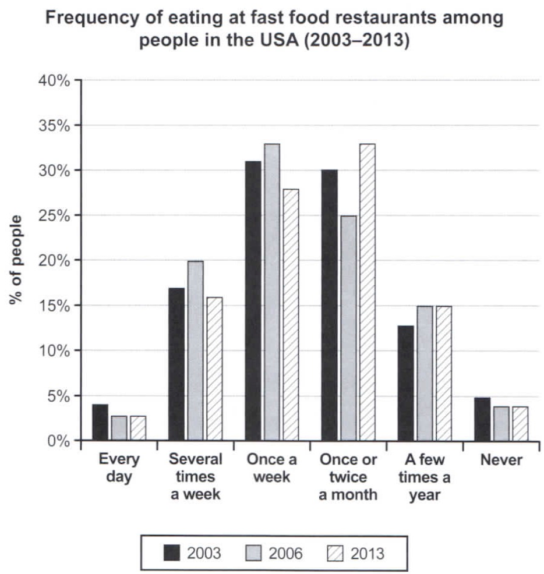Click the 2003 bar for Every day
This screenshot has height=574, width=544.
coord(100,422)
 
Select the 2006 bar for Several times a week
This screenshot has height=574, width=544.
coord(195,350)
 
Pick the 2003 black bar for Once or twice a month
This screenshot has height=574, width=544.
coord(329,305)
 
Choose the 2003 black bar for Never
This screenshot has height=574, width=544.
coord(482,419)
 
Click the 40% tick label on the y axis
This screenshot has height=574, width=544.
coord(55,80)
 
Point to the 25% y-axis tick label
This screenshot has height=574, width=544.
coord(55,215)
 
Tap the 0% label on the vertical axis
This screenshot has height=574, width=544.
coord(58,441)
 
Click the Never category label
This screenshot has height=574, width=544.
coord(501,460)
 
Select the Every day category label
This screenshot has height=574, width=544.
coord(119,469)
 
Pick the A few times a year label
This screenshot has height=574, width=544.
coord(425,477)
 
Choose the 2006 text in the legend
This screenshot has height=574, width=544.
coord(285,552)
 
